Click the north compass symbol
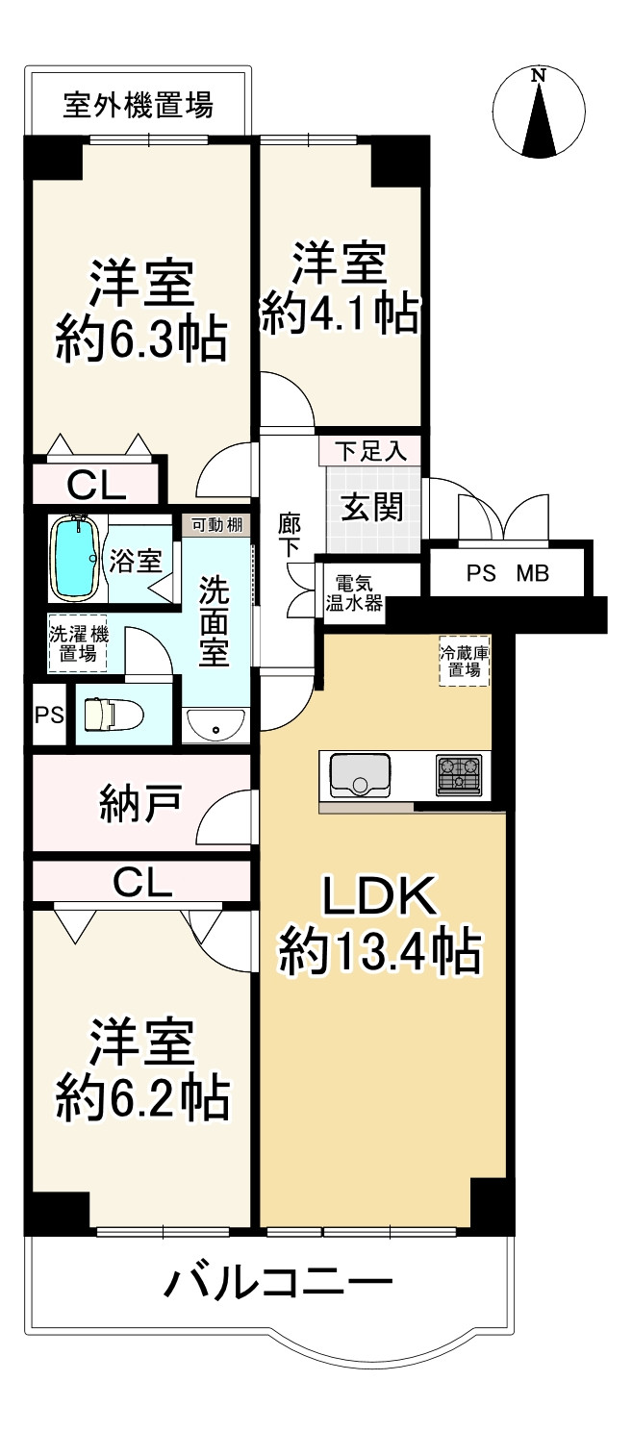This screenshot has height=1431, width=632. tap(540, 113)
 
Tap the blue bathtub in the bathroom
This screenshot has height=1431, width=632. tap(76, 558)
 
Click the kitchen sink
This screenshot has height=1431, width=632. tap(359, 775)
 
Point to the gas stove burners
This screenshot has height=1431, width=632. tap(459, 775)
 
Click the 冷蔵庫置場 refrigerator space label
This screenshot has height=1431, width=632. tap(465, 662)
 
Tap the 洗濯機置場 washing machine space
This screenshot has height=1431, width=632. tap(78, 643)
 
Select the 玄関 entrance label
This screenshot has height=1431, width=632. tap(372, 509)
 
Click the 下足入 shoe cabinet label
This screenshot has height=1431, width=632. tap(371, 451)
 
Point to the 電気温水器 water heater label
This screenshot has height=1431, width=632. tap(354, 593)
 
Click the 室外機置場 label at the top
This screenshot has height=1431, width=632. tap(138, 106)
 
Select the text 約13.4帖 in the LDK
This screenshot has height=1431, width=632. tap(378, 952)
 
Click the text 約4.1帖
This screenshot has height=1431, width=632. tap(340, 314)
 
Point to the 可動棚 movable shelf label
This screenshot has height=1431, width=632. tap(217, 525)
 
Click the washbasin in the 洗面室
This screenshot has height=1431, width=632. tap(215, 726)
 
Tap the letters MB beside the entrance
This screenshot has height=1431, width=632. tap(533, 574)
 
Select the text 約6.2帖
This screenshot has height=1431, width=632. tap(141, 1098)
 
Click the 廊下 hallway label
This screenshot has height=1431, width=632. tap(289, 536)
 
